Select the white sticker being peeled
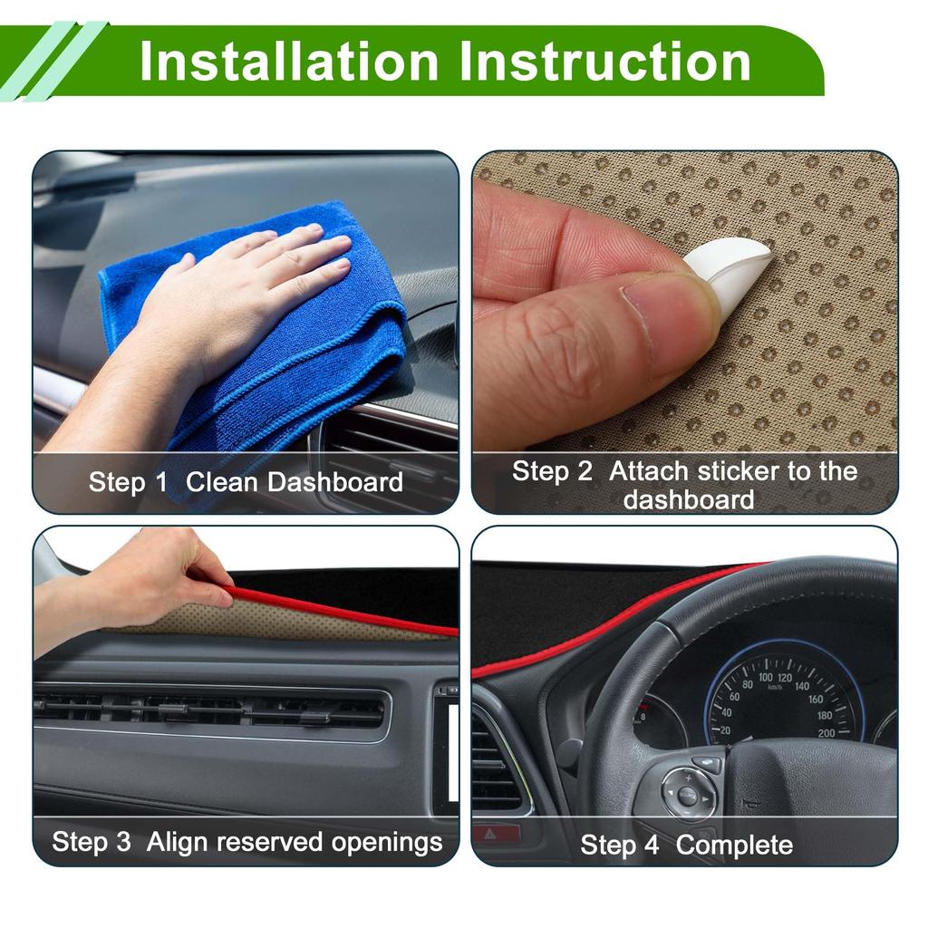[730, 272]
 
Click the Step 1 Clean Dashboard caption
[246, 481]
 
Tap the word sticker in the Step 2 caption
[721, 471]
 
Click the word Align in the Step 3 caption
[178, 842]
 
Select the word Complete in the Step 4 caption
[734, 846]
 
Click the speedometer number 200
[826, 732]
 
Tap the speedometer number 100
[766, 677]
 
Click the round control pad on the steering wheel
[689, 795]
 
